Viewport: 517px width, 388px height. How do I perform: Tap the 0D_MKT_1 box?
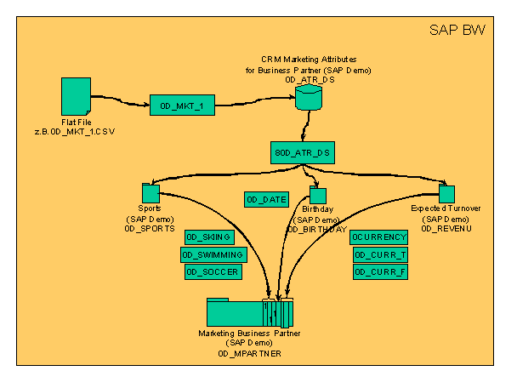(x=182, y=106)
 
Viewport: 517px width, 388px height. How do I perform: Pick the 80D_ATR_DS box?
(x=303, y=153)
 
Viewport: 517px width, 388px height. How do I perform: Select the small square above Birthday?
(x=317, y=195)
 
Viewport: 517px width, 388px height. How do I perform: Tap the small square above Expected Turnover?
(x=446, y=194)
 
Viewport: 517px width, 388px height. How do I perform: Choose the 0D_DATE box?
(x=266, y=199)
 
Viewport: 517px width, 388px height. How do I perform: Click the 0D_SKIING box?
(x=208, y=237)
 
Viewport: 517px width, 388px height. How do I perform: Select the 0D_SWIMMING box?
(x=213, y=254)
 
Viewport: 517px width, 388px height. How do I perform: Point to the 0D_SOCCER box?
(x=213, y=271)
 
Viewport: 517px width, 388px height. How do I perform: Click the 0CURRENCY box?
(x=379, y=237)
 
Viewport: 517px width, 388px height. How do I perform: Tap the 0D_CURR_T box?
(x=380, y=254)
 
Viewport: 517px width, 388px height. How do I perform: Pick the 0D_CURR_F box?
(x=380, y=271)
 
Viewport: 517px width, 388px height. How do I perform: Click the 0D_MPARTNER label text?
(x=249, y=351)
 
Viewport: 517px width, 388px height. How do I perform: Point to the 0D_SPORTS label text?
(x=150, y=229)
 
